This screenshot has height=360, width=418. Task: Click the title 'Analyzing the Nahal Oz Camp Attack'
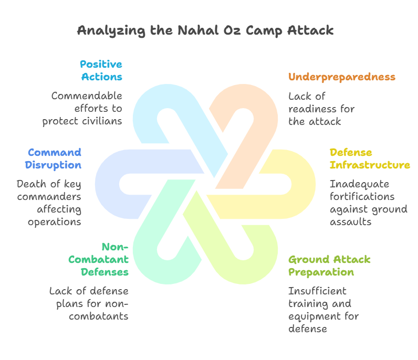point(205,30)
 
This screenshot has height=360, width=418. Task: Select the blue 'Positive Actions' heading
point(101,70)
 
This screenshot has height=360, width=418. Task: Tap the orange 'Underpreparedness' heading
point(341,77)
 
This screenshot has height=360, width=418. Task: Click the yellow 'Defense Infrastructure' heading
point(369,158)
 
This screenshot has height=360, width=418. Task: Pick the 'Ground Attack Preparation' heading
point(329,266)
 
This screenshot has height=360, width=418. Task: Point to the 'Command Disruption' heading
point(55,158)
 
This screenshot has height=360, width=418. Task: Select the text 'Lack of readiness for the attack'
point(321,109)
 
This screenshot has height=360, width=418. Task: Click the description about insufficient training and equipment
point(323,310)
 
